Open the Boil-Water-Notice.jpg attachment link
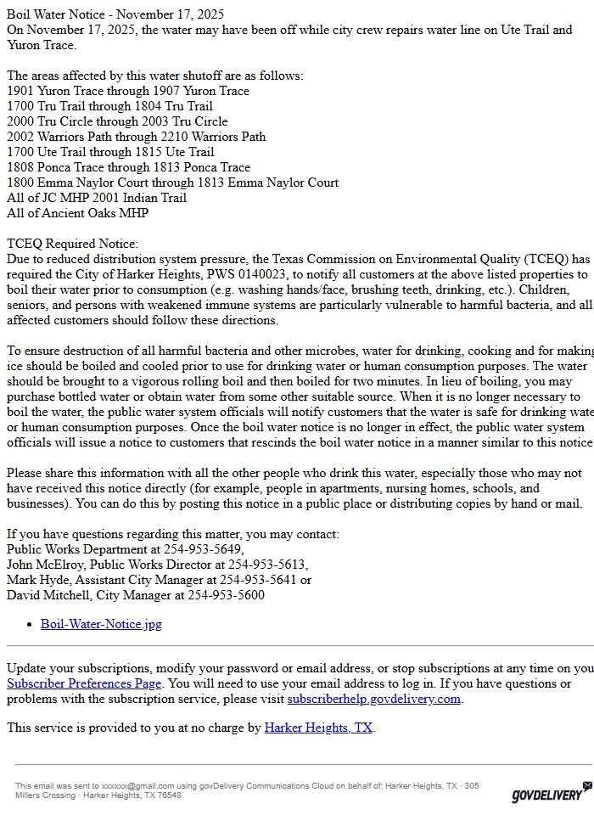coord(101,624)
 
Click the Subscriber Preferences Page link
coord(84,683)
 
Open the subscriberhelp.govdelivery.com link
coord(373,699)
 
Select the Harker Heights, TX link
coord(318,728)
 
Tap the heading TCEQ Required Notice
coord(72,244)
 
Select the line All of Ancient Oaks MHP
coord(77,213)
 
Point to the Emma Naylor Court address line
coord(172,183)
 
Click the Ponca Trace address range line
coord(128,167)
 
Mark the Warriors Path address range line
coord(136,137)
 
